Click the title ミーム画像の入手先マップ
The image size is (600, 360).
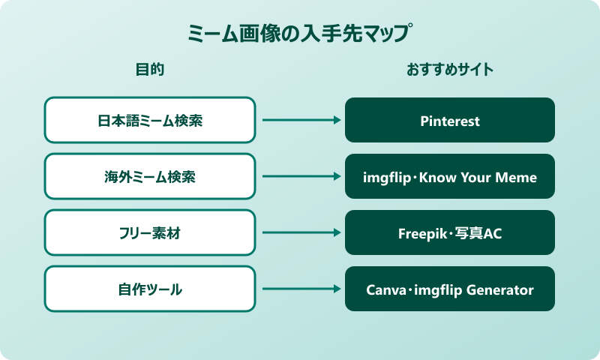click(x=300, y=34)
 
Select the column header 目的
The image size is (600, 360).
click(x=149, y=70)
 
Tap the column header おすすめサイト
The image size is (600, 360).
click(x=449, y=70)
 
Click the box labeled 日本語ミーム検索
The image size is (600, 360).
click(x=149, y=120)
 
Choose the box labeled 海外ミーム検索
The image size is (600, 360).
click(x=149, y=177)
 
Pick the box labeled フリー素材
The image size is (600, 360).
click(x=149, y=233)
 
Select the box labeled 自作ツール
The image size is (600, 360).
click(x=149, y=289)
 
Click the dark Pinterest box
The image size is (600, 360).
click(x=449, y=120)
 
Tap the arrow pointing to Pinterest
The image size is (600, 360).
click(x=300, y=120)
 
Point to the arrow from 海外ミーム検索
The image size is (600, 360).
click(x=300, y=177)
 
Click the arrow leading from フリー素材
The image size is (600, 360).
click(x=300, y=233)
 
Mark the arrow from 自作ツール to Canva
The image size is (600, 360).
click(x=300, y=289)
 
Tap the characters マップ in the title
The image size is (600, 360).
click(x=391, y=34)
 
